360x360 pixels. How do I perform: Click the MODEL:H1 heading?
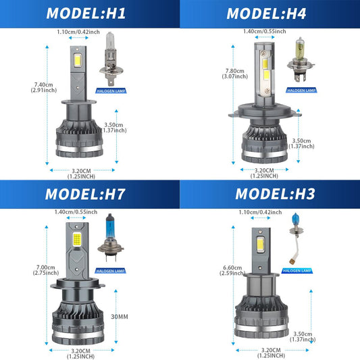pyautogui.click(x=86, y=14)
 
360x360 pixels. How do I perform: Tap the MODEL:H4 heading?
pyautogui.click(x=266, y=14)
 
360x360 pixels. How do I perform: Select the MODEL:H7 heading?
pyautogui.click(x=85, y=194)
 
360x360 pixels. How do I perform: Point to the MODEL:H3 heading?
pyautogui.click(x=275, y=194)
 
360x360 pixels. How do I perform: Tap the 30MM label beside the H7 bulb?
pyautogui.click(x=120, y=317)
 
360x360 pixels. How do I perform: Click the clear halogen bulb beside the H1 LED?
pyautogui.click(x=111, y=59)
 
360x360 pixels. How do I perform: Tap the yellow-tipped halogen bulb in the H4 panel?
pyautogui.click(x=300, y=59)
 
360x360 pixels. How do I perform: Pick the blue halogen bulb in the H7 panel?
pyautogui.click(x=110, y=238)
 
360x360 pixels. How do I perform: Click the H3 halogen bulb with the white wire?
pyautogui.click(x=295, y=238)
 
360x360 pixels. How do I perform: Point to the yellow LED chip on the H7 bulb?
pyautogui.click(x=77, y=238)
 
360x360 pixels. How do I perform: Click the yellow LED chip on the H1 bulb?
pyautogui.click(x=78, y=60)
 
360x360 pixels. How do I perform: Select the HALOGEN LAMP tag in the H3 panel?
pyautogui.click(x=297, y=271)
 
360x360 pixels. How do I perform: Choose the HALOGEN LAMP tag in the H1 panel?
pyautogui.click(x=111, y=91)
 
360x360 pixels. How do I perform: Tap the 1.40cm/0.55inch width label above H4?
pyautogui.click(x=265, y=31)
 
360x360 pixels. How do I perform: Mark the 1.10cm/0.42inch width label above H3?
pyautogui.click(x=260, y=212)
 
